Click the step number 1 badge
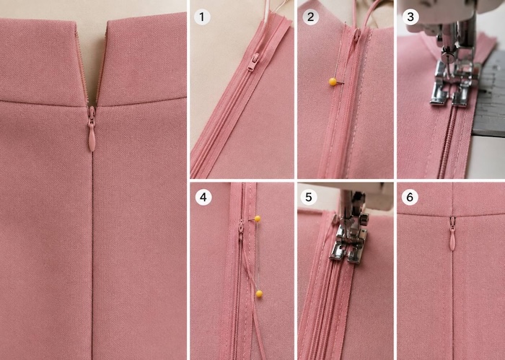[x=202, y=17]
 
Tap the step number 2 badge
[x=310, y=17]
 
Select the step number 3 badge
[x=410, y=17]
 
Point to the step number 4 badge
[x=203, y=197]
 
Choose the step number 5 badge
[x=309, y=197]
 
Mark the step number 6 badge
[x=410, y=197]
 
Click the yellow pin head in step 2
[x=333, y=82]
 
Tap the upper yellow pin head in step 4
[x=258, y=219]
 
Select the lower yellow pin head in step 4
[x=259, y=294]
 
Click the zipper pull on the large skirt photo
[x=92, y=129]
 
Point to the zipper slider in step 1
[x=253, y=62]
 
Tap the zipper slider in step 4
[x=241, y=230]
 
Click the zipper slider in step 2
[x=357, y=35]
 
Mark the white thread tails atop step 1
[x=271, y=9]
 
